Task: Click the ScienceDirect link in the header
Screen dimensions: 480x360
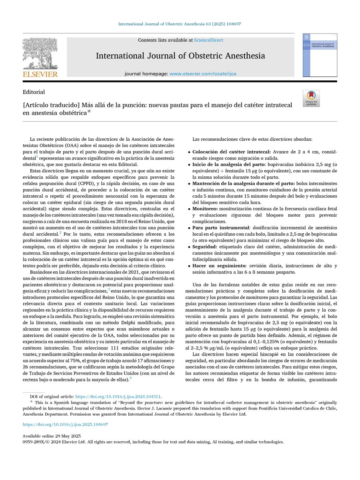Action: click(208, 40)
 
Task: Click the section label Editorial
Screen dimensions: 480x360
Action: click(34, 92)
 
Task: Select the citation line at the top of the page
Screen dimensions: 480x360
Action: click(180, 24)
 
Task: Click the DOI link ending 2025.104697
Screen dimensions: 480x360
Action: click(65, 424)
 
